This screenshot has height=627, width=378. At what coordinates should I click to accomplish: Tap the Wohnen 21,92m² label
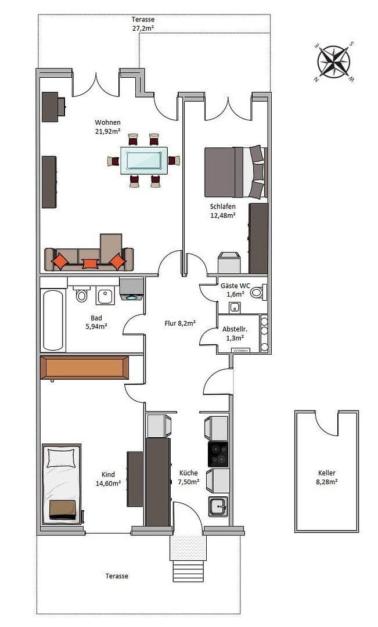108,127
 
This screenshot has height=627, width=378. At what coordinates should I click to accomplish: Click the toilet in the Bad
81,296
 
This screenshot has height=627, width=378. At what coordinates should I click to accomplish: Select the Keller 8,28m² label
326,477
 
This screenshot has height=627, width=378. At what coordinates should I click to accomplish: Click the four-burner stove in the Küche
218,454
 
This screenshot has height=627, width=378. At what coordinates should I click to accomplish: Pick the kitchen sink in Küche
218,506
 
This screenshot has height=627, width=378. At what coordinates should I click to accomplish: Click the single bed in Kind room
61,483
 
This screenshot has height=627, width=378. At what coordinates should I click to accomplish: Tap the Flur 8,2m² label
179,323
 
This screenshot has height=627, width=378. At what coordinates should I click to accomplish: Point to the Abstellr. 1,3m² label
233,333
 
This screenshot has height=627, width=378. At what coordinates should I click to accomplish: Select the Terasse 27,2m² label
143,23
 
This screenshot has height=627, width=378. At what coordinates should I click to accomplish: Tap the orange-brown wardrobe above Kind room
84,367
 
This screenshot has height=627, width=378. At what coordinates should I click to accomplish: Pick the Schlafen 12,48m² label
223,211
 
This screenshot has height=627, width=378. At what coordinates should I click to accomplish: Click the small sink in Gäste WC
235,307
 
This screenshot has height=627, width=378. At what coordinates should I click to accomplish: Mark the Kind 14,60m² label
108,478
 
